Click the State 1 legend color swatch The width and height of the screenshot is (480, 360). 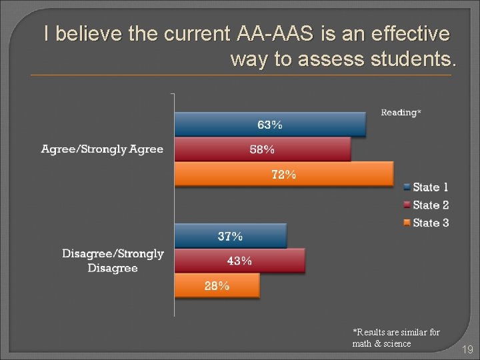coord(406,187)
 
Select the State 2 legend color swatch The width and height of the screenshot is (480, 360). coord(406,205)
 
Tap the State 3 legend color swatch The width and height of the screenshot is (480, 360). coord(406,223)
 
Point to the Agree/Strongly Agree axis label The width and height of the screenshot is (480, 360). coord(102,149)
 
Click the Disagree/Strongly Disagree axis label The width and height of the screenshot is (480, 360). coord(113,261)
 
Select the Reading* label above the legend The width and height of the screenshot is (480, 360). coord(401,113)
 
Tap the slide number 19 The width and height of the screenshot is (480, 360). coord(467,349)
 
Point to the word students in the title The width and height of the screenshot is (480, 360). coord(406,59)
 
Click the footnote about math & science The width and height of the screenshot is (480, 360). coord(396,337)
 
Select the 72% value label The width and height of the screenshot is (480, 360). coord(283,175)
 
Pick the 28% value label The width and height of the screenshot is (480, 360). coord(217,286)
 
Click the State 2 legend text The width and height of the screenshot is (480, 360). coord(431,205)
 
